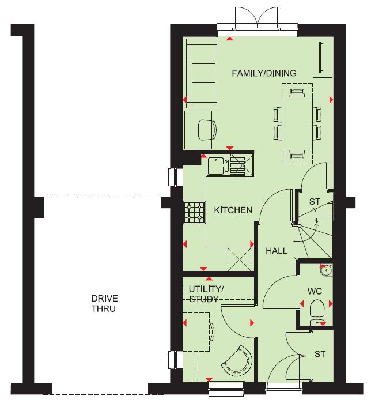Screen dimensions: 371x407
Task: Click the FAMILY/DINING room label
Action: click(x=264, y=73)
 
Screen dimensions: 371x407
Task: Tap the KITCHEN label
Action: click(x=233, y=210)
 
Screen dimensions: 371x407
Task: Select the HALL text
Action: click(x=277, y=251)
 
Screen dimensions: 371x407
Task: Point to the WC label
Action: click(x=315, y=291)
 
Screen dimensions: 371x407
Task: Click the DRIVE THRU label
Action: click(x=104, y=303)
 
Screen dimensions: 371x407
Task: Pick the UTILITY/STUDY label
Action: click(x=206, y=294)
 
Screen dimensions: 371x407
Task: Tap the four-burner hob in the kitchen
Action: click(x=195, y=212)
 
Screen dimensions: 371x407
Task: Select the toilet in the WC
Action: click(x=317, y=312)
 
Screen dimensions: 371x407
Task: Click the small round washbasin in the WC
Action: click(x=326, y=270)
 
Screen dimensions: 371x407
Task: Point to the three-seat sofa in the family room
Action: click(x=202, y=73)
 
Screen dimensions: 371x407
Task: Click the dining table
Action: click(x=297, y=123)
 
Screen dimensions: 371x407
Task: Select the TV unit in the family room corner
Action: click(x=323, y=57)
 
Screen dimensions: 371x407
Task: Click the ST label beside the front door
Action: click(x=320, y=354)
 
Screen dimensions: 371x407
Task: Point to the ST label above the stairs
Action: click(x=315, y=201)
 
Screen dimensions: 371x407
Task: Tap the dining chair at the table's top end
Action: click(x=297, y=93)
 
